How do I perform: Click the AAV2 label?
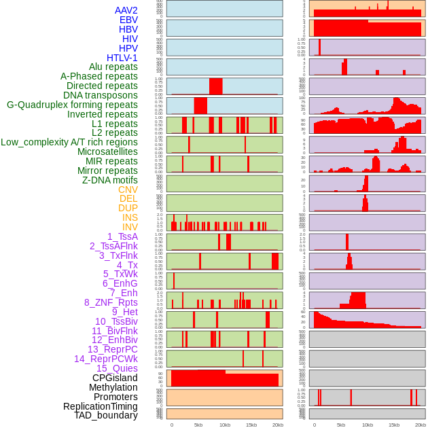[126, 10]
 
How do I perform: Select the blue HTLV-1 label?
[122, 58]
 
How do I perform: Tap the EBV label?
[128, 20]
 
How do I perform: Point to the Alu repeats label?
[113, 67]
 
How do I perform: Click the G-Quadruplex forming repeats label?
[72, 105]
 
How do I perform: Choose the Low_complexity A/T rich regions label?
[69, 142]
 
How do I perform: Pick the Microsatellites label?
[107, 151]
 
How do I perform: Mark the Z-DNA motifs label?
[110, 180]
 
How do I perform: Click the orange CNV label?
[128, 190]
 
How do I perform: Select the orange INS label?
[130, 217]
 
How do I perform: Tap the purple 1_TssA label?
[122, 236]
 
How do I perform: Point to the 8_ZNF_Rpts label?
[111, 302]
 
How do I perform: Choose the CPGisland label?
[115, 378]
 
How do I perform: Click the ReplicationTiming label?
[101, 406]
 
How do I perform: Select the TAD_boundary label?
[106, 415]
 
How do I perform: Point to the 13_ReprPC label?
[113, 349]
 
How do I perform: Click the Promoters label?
[115, 397]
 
